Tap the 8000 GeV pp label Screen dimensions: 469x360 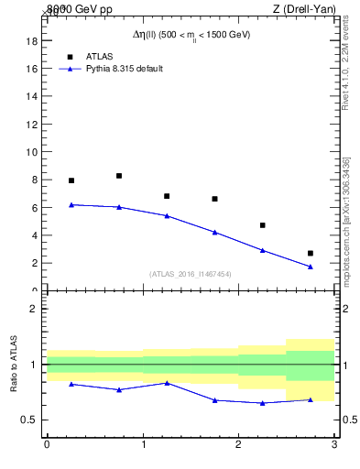(78, 8)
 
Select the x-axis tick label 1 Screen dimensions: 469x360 (143, 444)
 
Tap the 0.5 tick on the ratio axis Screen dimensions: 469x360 (27, 420)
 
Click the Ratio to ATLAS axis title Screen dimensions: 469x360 (14, 365)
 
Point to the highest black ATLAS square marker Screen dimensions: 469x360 (119, 176)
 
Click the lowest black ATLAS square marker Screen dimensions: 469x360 (311, 253)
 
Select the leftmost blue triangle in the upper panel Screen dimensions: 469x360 (71, 204)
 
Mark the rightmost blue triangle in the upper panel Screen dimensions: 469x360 (311, 267)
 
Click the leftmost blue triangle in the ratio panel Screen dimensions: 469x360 (71, 384)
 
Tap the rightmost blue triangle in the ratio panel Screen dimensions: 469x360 (311, 399)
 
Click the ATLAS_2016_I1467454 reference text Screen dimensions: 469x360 (191, 274)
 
